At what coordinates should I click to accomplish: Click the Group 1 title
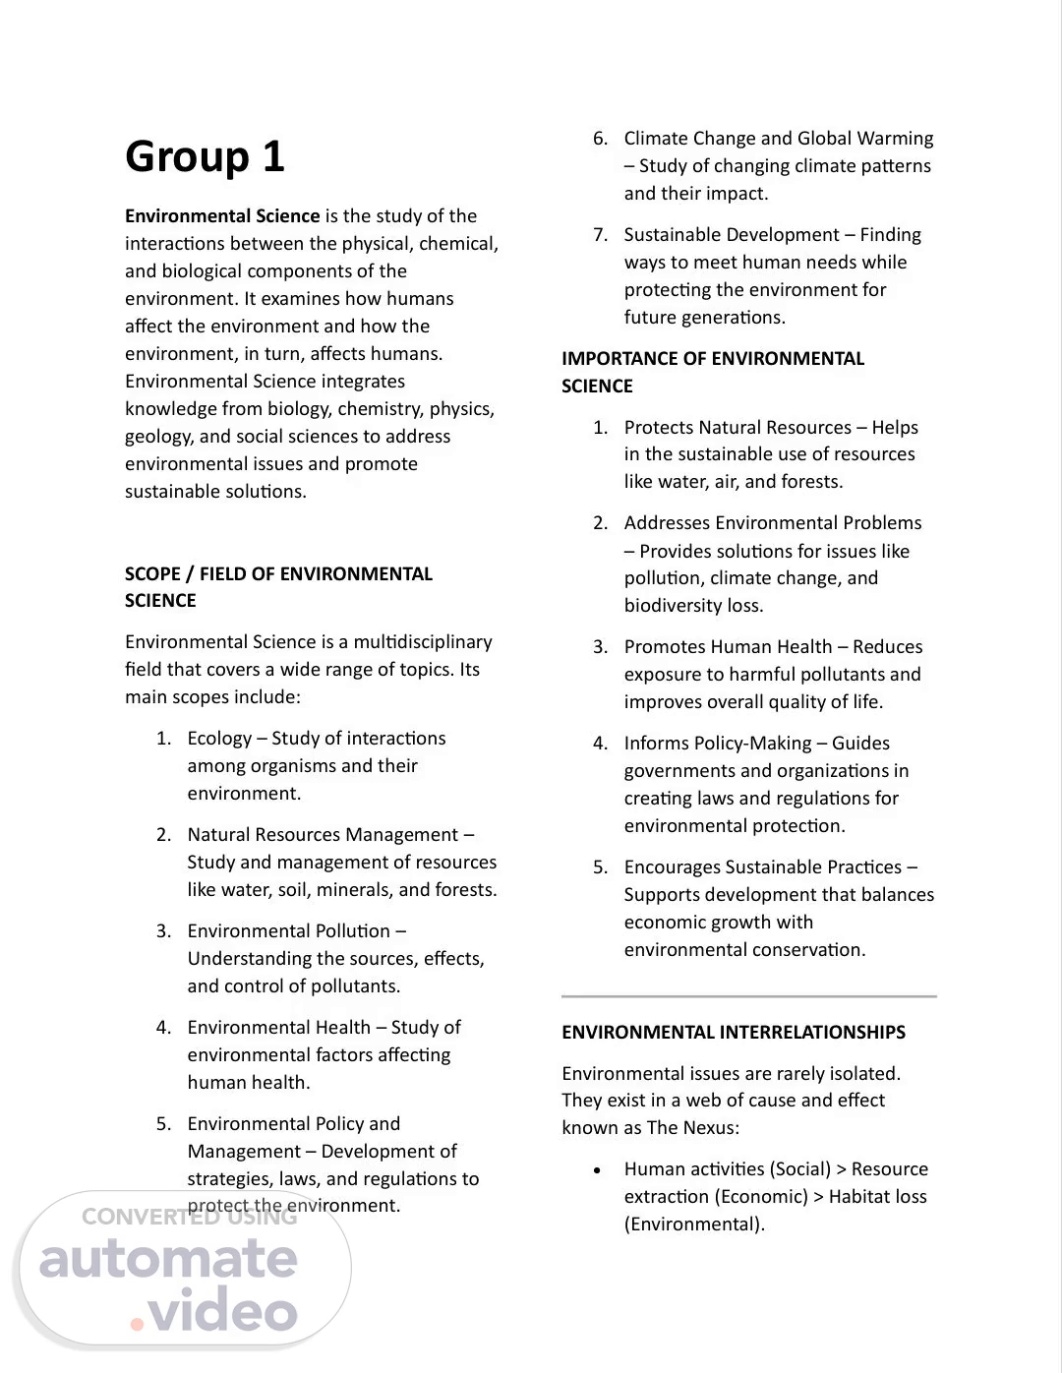[x=205, y=157]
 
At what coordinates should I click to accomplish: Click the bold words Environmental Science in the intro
[x=222, y=216]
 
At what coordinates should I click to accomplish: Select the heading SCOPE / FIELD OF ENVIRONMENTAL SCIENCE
[x=278, y=586]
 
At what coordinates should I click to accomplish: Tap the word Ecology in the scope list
[x=219, y=739]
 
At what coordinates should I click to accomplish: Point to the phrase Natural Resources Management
[x=323, y=835]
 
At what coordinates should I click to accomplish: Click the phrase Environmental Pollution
[x=289, y=931]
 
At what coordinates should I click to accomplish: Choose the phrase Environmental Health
[x=279, y=1028]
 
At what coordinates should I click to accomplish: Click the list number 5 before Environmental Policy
[x=162, y=1124]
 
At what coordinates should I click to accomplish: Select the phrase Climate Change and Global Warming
[x=778, y=139]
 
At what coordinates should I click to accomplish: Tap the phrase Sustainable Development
[x=732, y=235]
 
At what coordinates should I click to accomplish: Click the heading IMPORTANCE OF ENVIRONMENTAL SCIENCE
[x=712, y=372]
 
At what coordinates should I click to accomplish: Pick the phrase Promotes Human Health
[x=728, y=647]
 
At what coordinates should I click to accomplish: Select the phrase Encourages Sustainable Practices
[x=762, y=867]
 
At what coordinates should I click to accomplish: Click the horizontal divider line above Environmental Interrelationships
[x=748, y=996]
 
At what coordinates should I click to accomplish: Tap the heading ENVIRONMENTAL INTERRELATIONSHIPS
[x=734, y=1033]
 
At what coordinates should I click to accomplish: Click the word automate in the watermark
[x=168, y=1260]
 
